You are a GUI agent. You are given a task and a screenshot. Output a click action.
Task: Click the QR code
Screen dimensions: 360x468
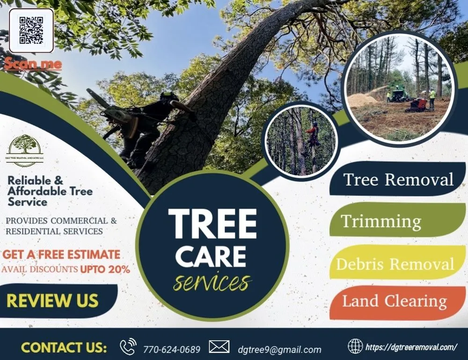(x=31, y=30)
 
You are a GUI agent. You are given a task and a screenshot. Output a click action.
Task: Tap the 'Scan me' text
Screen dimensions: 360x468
(x=33, y=64)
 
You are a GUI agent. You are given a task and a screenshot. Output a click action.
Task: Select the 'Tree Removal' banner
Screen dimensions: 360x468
(x=398, y=179)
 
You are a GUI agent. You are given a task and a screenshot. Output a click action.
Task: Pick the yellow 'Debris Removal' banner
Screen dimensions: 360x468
(x=395, y=263)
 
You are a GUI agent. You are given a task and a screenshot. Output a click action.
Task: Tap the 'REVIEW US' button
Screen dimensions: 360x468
(x=52, y=301)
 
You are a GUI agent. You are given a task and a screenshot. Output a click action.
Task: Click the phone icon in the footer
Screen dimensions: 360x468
(x=128, y=347)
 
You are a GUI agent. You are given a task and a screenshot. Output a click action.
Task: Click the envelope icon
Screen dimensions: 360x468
(x=219, y=347)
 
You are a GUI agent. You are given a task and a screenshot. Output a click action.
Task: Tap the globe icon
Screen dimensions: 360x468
(x=355, y=346)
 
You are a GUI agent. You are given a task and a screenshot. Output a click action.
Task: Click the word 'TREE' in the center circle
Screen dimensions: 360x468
(x=212, y=223)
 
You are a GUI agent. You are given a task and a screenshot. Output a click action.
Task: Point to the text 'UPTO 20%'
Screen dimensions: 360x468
(x=105, y=269)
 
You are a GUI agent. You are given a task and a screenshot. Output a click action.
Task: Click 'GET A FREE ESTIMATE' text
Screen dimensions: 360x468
(x=61, y=255)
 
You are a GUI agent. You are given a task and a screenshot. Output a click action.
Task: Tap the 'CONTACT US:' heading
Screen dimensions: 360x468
(x=64, y=348)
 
